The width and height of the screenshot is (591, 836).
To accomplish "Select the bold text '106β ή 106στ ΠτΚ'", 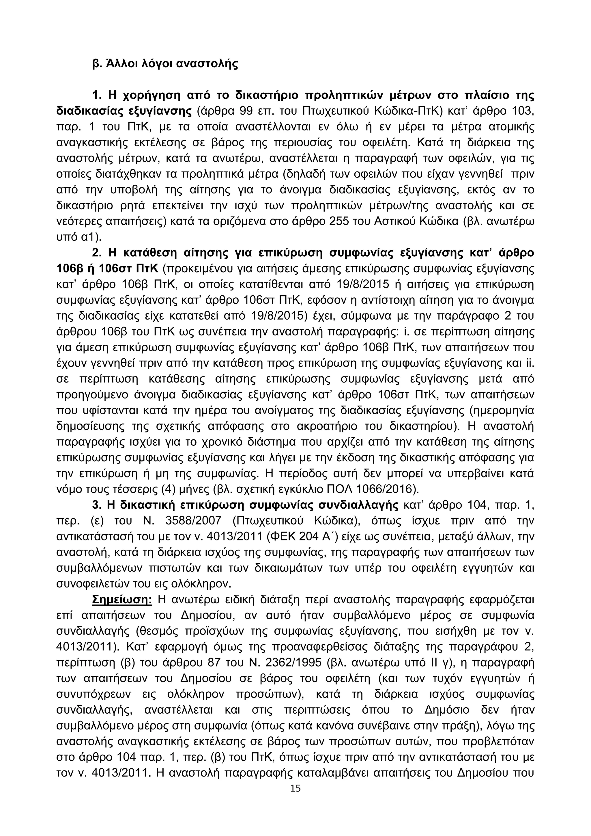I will click(x=108, y=269).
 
